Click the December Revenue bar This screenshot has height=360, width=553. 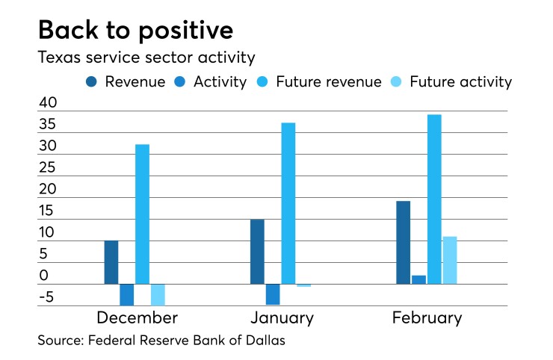(x=111, y=262)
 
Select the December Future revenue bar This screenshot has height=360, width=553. (x=142, y=214)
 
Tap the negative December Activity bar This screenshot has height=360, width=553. (x=127, y=294)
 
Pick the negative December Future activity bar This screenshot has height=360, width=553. (x=158, y=294)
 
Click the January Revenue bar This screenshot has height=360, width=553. (x=257, y=252)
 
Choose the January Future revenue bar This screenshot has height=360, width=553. (x=288, y=203)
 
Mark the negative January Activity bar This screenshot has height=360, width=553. (x=273, y=294)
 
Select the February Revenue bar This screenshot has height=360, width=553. (x=403, y=243)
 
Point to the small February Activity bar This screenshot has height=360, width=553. (x=418, y=279)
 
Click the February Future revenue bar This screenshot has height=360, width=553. (x=434, y=199)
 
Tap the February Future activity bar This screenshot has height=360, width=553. (x=450, y=260)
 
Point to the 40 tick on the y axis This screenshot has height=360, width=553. (x=47, y=103)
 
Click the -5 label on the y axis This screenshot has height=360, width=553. (x=47, y=297)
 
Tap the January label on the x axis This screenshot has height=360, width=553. (x=282, y=318)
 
